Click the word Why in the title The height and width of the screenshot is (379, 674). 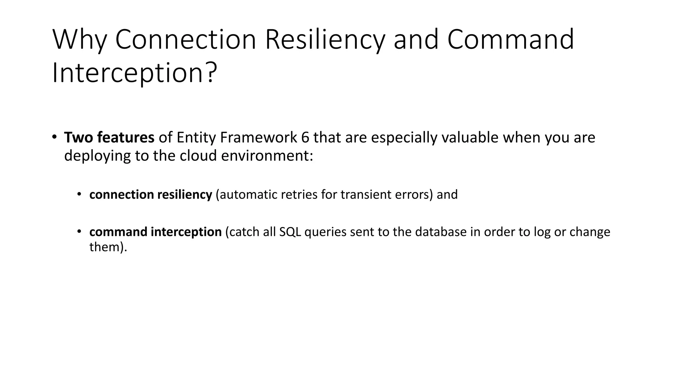click(x=79, y=40)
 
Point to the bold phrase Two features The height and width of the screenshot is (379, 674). click(x=109, y=138)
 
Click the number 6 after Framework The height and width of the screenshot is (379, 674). click(x=305, y=138)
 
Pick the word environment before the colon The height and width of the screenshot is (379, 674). click(x=265, y=156)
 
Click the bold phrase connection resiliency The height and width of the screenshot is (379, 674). click(x=150, y=194)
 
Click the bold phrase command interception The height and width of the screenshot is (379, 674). click(x=155, y=232)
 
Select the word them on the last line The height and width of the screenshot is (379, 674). click(x=104, y=247)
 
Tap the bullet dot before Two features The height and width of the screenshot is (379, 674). click(x=54, y=137)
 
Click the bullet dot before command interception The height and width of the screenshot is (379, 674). click(x=79, y=232)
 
